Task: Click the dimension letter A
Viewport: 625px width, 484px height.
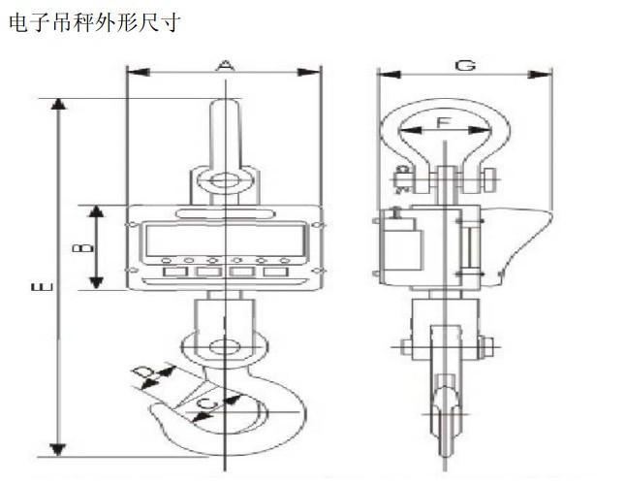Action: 225,65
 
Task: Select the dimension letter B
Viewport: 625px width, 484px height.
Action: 85,247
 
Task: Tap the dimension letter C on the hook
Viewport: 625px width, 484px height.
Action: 205,404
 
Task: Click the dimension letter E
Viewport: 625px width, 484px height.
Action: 39,286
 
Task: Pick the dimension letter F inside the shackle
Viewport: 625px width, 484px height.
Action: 442,123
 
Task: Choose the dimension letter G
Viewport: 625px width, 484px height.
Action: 464,65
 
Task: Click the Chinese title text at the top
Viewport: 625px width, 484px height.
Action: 93,21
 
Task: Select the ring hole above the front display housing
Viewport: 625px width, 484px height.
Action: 224,180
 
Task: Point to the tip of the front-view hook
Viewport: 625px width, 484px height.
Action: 155,413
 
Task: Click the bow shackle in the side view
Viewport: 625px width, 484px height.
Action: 442,145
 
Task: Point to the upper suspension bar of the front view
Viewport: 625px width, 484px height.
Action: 224,131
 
